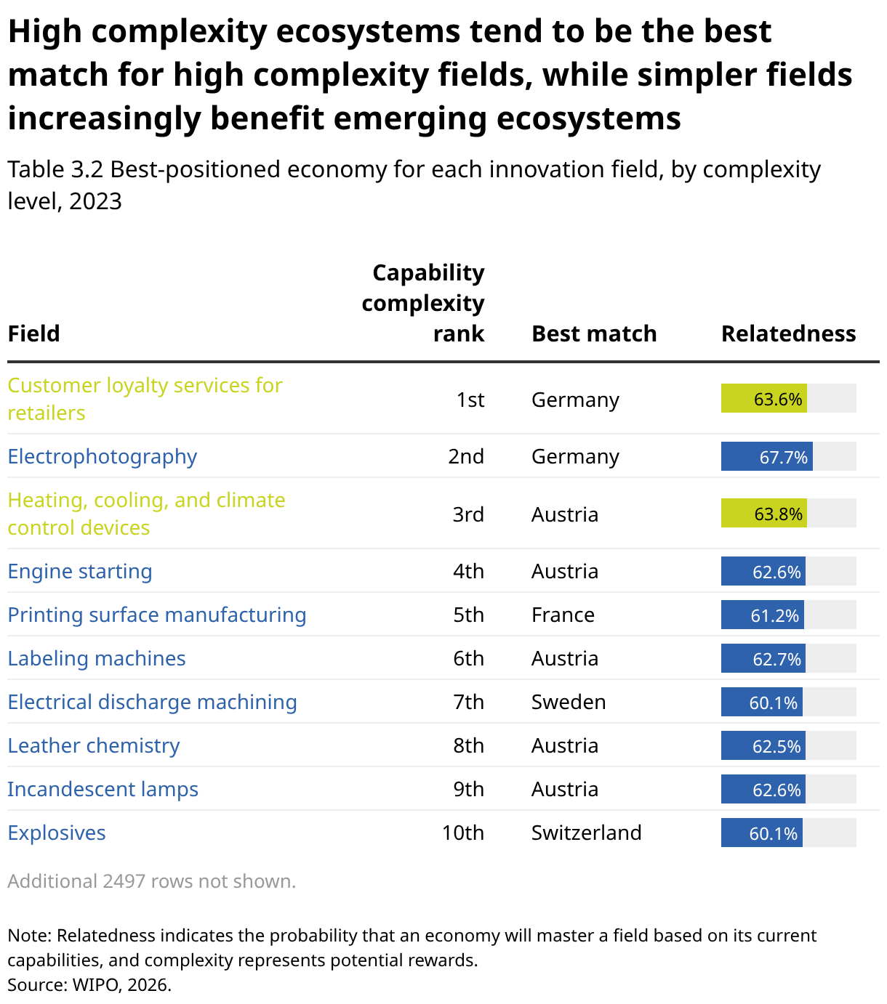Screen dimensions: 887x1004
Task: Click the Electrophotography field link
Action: click(103, 457)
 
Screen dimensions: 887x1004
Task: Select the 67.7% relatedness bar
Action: click(766, 456)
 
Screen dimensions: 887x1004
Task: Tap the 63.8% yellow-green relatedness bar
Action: click(763, 514)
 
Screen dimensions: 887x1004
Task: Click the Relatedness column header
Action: click(788, 334)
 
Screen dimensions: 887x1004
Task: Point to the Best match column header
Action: click(594, 334)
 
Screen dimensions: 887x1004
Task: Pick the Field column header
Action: click(33, 334)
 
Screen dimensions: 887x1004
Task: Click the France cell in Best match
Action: click(563, 615)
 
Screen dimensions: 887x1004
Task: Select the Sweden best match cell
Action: click(569, 703)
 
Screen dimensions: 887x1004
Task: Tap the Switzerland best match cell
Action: click(587, 833)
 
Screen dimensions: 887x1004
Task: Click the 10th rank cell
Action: click(463, 833)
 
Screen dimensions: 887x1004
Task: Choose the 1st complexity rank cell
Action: click(470, 400)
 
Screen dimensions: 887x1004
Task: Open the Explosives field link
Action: click(57, 833)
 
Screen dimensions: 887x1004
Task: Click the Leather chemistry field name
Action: click(94, 746)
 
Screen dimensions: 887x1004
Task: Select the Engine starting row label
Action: click(80, 572)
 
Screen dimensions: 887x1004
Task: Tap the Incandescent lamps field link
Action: click(103, 790)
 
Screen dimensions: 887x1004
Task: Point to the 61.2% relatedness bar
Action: click(763, 615)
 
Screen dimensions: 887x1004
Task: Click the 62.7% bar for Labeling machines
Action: click(763, 659)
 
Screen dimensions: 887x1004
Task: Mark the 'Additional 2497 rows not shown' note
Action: click(152, 882)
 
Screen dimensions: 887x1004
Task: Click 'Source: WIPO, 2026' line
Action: click(89, 985)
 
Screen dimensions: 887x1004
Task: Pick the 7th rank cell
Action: click(468, 703)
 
